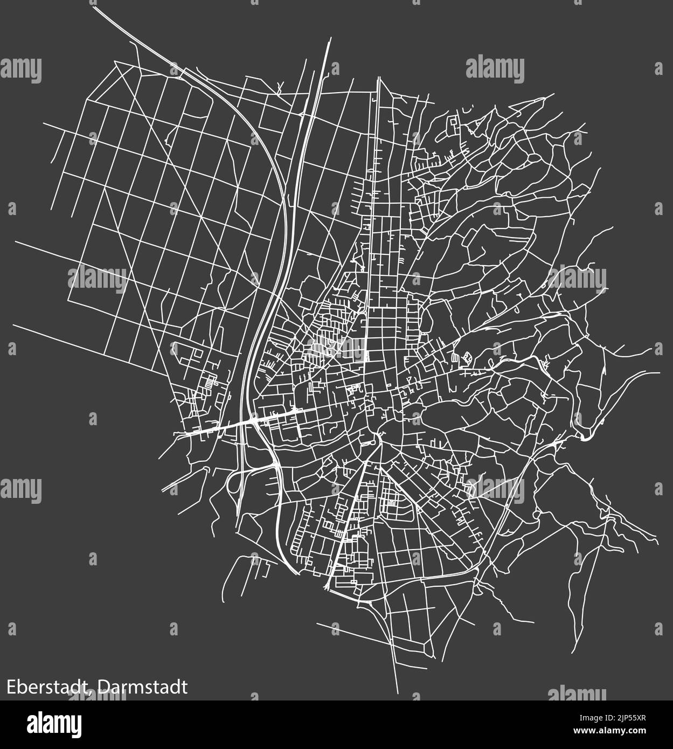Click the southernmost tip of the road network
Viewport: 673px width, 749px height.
pyautogui.click(x=397, y=692)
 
